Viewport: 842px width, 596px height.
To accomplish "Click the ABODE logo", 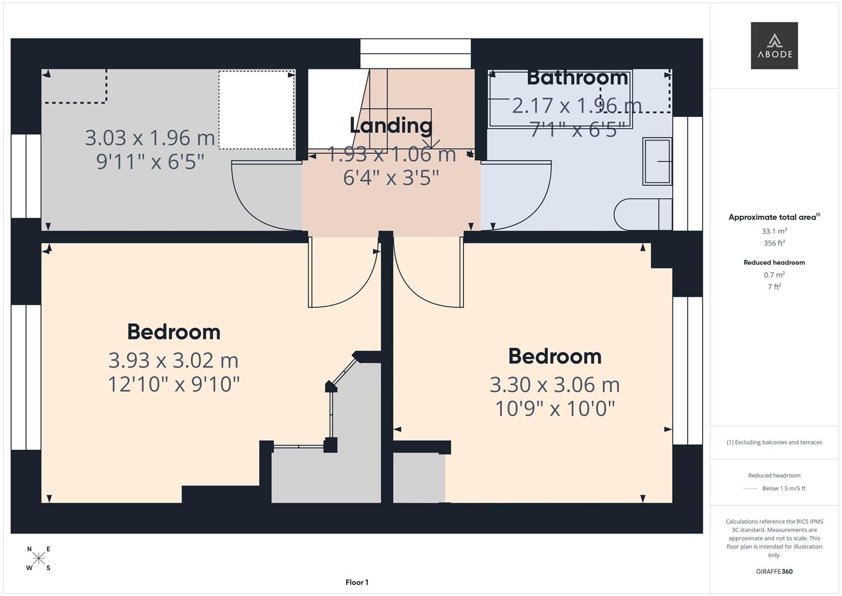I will point(774,46).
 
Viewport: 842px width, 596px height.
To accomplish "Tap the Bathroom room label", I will point(577,78).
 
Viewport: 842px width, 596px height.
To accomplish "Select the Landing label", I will point(390,125).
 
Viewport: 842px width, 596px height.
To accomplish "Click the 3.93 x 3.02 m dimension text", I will point(173,360).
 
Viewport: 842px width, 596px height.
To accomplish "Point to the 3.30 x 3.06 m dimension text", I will point(554,385).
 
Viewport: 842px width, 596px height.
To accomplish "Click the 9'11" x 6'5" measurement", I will point(150,162).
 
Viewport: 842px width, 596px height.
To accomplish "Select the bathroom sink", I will point(657,161).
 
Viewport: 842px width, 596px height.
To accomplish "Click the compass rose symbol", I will point(39,558).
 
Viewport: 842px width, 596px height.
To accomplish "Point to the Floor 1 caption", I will point(357,582).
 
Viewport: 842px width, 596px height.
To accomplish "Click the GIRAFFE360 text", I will point(774,571).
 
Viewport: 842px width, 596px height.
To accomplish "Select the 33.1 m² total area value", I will point(774,231).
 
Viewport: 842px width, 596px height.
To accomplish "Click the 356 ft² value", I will point(774,243).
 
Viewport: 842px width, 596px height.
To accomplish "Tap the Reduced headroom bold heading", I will point(774,263).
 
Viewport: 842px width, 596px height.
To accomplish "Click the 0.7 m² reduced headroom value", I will point(774,275).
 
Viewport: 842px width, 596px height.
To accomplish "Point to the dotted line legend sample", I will point(750,488).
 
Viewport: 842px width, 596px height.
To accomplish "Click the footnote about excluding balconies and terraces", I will point(774,442).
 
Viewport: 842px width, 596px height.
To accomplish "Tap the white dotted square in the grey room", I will point(256,110).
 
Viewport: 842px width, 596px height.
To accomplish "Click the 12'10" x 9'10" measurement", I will point(173,385).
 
